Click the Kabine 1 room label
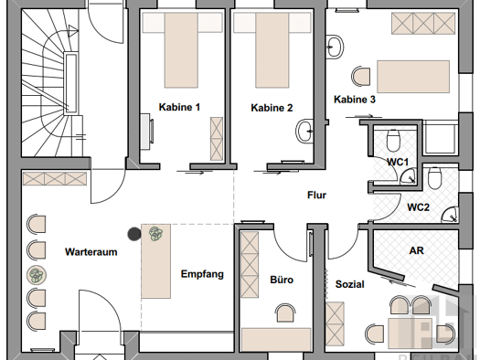179,107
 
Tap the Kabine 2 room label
272,107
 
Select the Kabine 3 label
354,100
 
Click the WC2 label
419,207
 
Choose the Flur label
316,195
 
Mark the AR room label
416,249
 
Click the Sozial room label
350,284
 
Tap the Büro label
281,281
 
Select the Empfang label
202,274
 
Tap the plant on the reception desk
154,233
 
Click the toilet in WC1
393,140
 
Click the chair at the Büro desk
284,312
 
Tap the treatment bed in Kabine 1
179,50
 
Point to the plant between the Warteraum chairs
35,273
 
